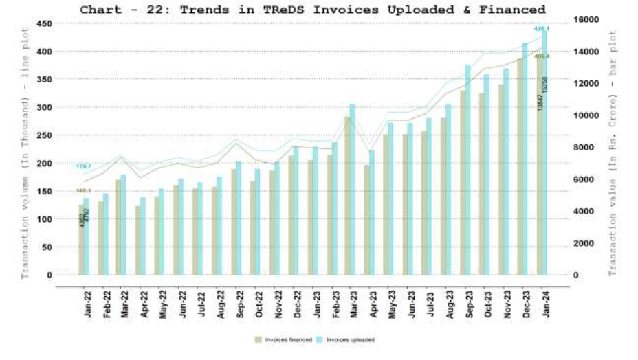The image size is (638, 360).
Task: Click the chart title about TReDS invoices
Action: point(312,10)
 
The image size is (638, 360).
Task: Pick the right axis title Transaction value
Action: point(613,153)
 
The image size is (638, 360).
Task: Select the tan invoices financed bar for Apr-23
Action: point(366,220)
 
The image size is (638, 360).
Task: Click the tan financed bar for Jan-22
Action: point(81,240)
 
